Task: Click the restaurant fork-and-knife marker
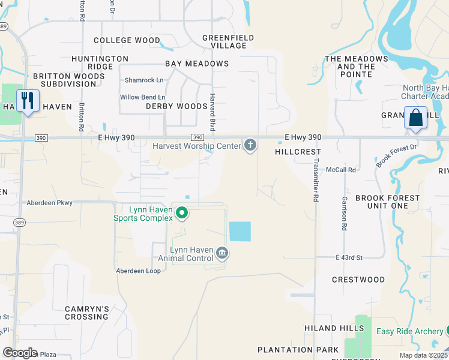coord(26,101)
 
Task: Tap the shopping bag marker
coord(415,118)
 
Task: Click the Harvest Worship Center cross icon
coord(250,145)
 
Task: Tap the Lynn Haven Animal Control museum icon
coord(221,253)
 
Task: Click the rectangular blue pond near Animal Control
coord(240,231)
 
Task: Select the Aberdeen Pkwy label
coord(49,203)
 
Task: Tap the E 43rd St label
coord(349,257)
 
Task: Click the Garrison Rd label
coord(345,213)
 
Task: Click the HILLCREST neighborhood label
coord(298,152)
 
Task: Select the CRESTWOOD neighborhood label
coord(358,280)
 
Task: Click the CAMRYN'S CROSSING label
coord(87,313)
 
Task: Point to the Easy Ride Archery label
coord(410,331)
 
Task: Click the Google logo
coord(20,353)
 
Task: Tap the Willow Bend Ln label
coord(142,97)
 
